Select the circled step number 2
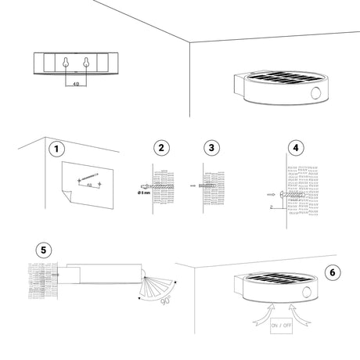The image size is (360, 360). tap(161, 148)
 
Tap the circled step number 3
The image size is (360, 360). tap(210, 148)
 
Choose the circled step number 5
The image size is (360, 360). tap(45, 250)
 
